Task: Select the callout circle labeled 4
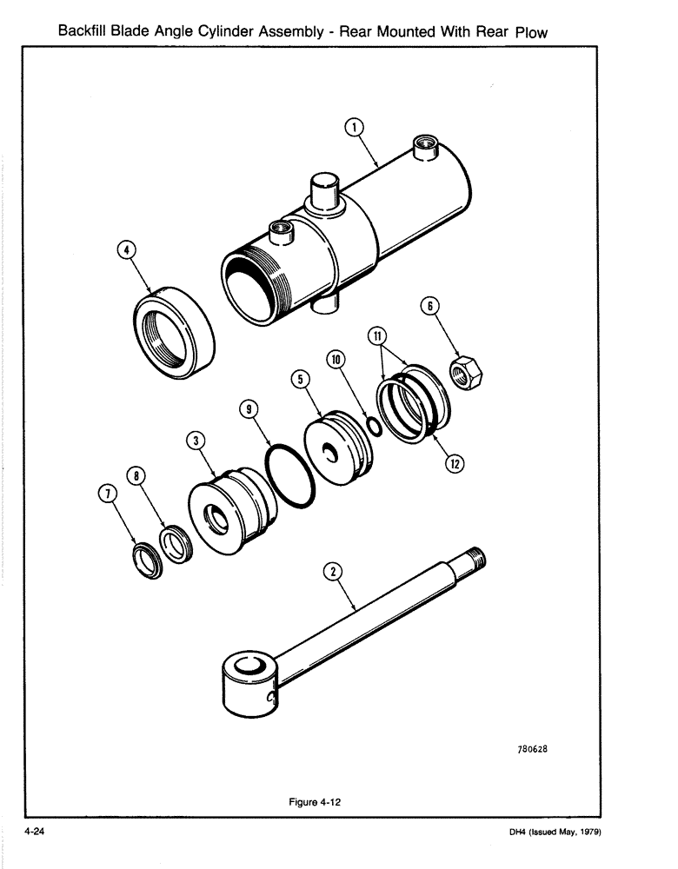pos(128,250)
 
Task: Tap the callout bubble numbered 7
pos(108,494)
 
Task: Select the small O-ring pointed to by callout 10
pos(372,426)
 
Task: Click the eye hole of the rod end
pos(249,668)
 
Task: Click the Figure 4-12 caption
pos(314,802)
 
